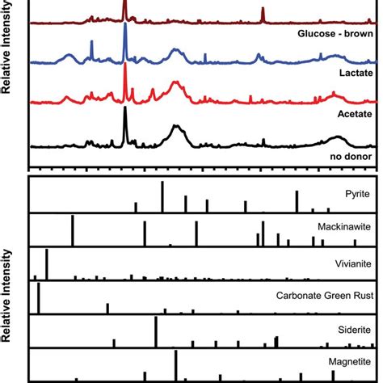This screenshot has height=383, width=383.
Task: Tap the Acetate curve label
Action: [355, 114]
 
